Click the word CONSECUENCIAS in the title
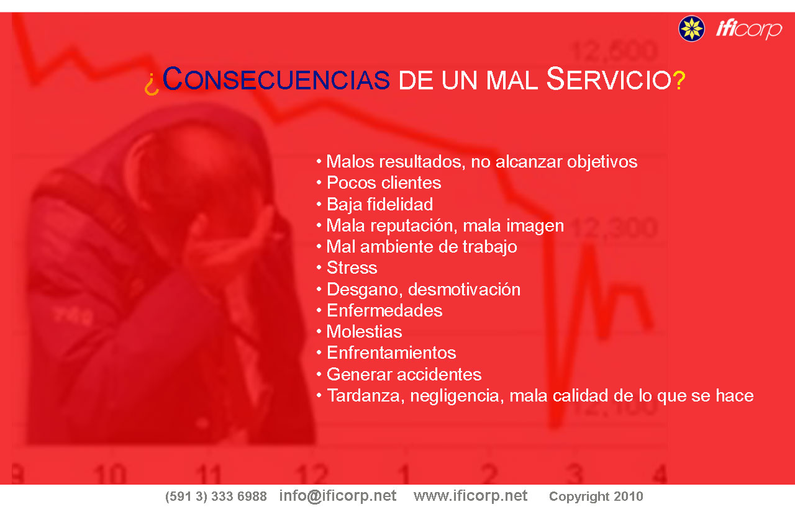(276, 79)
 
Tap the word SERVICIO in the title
(609, 79)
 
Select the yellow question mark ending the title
(679, 81)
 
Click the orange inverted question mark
(152, 84)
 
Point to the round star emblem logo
(691, 29)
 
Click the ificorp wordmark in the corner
(749, 29)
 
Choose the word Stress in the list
(352, 267)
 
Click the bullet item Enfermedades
(384, 310)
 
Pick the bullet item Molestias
(364, 332)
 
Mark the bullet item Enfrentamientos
(391, 353)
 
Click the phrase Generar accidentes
(404, 375)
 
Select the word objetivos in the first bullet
(602, 163)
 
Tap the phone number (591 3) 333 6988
(216, 496)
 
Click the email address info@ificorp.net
(337, 496)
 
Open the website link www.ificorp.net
(470, 496)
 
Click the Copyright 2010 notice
(596, 496)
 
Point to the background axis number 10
(110, 473)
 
